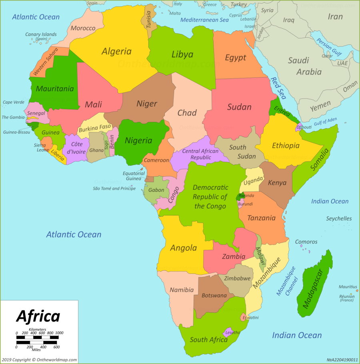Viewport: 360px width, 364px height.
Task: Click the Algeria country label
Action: pos(116,51)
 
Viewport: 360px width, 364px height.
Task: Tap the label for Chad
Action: pos(187,113)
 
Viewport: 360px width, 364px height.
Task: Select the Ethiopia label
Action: pos(286,145)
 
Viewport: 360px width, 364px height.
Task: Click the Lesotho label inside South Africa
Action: pos(233,332)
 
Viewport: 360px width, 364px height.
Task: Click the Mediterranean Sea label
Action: pos(204,20)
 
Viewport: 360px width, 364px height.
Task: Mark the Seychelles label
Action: pos(339,219)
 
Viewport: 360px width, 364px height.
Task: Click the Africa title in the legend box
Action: pos(38,316)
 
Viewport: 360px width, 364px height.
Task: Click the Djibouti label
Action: pos(304,127)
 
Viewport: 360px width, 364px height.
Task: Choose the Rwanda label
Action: pos(246,195)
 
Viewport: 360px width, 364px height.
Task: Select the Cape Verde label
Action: pos(13,102)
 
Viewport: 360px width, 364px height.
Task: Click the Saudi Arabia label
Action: pos(304,66)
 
